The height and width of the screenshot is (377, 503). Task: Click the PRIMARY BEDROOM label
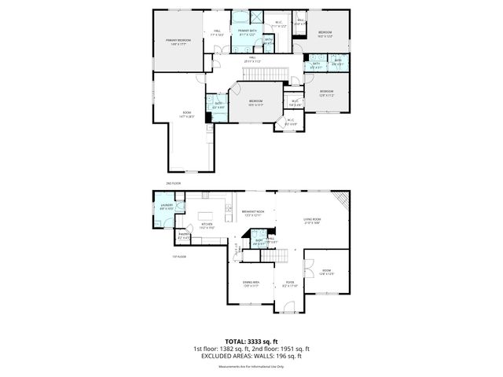pos(178,41)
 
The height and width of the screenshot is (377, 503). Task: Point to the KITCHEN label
pos(207,225)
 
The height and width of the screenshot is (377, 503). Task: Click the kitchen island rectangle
pos(208,214)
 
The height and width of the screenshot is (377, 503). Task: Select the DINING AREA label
pos(251,286)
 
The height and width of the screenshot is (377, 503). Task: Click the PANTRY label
pos(184,235)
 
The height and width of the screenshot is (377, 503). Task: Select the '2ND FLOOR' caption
pos(173,184)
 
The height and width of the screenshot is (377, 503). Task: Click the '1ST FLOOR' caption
pos(179,256)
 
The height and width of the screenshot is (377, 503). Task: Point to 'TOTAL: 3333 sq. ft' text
pos(251,340)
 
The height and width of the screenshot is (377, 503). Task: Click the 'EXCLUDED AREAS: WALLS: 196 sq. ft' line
pos(251,356)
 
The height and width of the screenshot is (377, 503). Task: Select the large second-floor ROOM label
pos(187,115)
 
